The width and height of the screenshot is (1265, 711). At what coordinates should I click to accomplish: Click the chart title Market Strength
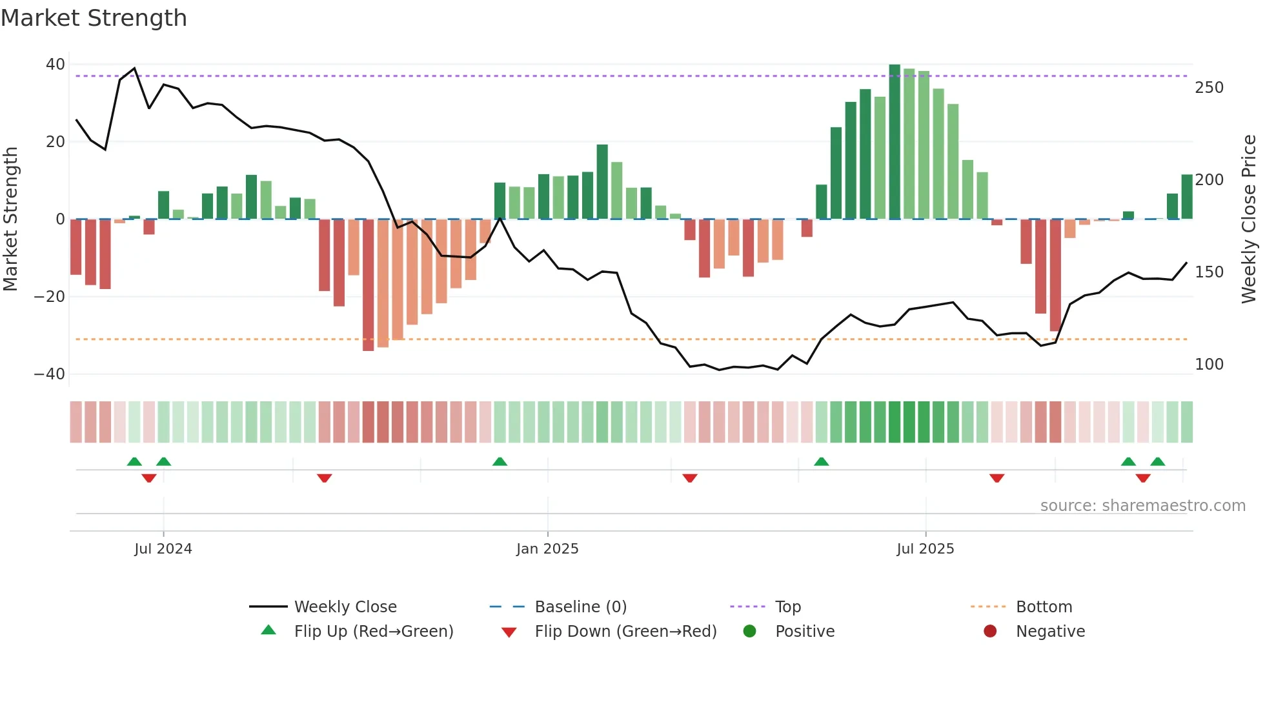tap(94, 18)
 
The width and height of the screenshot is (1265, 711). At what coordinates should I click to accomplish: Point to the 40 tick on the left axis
tap(56, 65)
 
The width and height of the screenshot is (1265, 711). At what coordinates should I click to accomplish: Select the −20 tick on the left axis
tap(50, 297)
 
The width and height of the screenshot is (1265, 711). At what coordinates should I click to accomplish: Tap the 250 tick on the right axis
tap(1209, 88)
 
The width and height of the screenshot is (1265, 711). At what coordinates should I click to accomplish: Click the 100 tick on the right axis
tap(1209, 365)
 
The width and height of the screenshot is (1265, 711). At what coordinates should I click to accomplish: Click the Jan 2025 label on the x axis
tap(547, 549)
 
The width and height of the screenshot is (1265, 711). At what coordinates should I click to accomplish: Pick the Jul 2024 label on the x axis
tap(163, 549)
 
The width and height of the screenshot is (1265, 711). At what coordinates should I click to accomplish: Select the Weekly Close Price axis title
tap(1249, 219)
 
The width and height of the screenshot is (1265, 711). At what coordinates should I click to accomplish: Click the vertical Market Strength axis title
tap(10, 219)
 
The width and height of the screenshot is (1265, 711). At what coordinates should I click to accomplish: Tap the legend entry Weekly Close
tap(345, 607)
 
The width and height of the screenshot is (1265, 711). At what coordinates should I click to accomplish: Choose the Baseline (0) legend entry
tap(580, 607)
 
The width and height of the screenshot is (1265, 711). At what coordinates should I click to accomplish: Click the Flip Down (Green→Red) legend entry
tap(625, 632)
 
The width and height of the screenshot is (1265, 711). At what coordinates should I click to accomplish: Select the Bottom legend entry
tap(1044, 607)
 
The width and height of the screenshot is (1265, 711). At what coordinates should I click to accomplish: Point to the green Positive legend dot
tap(749, 632)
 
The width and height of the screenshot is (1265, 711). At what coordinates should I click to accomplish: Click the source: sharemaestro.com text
tap(1142, 506)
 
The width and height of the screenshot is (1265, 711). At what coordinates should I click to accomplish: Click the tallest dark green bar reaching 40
tap(895, 142)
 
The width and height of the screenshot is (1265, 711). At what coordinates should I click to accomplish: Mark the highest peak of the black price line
tap(134, 68)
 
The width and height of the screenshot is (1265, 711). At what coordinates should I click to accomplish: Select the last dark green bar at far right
tap(1187, 197)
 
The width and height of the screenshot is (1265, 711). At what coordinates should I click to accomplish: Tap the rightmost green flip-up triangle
tap(1158, 462)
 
